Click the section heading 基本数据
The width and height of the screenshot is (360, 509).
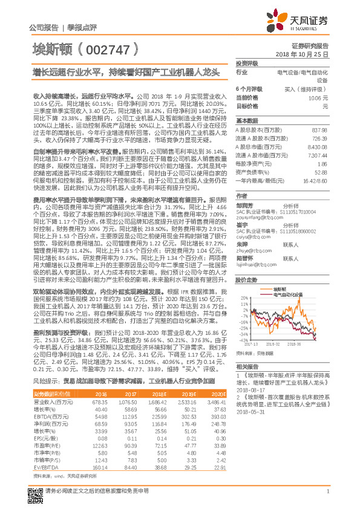246,121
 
